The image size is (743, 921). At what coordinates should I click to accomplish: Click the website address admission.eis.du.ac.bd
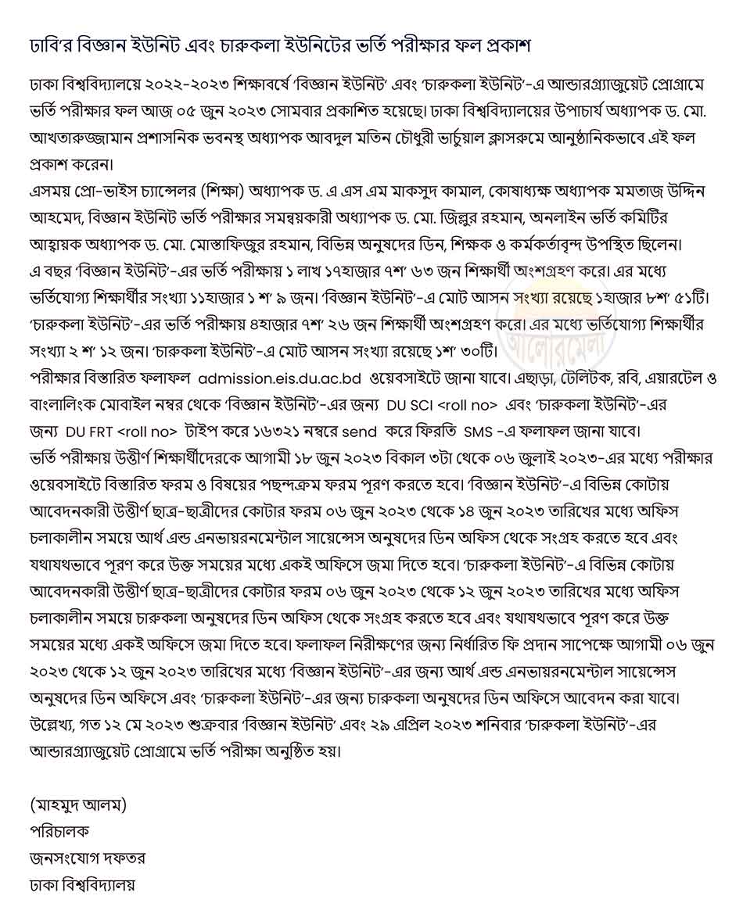coord(280,378)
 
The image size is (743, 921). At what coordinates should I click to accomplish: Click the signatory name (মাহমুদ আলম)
coord(77,803)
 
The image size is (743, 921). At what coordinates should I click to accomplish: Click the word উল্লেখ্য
coord(52,725)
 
